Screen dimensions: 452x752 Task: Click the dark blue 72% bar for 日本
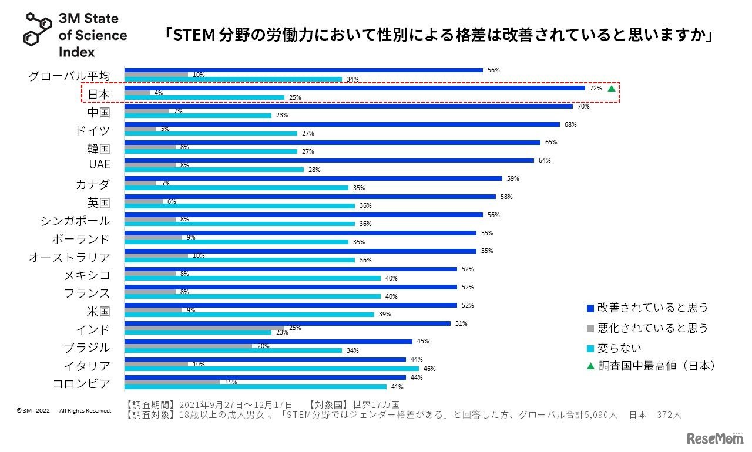click(x=355, y=88)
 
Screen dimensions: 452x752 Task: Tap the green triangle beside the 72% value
click(x=612, y=89)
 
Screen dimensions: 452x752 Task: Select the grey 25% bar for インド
click(x=204, y=328)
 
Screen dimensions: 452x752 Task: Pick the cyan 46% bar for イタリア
click(x=271, y=369)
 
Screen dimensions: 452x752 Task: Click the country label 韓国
click(x=98, y=149)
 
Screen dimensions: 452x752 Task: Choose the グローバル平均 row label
click(x=69, y=76)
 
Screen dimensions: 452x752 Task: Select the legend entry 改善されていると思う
click(x=653, y=308)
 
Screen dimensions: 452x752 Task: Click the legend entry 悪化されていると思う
click(x=653, y=328)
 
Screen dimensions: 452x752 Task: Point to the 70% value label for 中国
click(x=583, y=106)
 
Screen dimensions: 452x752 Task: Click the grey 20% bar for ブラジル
click(x=188, y=346)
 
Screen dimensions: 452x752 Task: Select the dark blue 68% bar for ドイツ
click(x=342, y=124)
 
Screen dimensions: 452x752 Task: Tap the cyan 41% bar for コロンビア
click(x=256, y=387)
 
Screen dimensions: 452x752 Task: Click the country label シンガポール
click(x=75, y=221)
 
